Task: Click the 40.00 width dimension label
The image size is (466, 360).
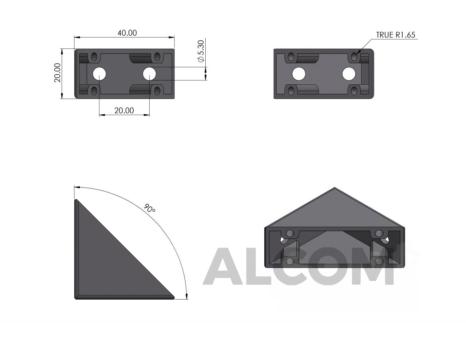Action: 127,33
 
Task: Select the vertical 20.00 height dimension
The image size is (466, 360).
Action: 58,72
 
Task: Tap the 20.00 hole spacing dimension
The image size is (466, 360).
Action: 124,110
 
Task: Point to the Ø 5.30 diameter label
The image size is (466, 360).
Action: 201,51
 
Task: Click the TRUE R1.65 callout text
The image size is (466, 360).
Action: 395,35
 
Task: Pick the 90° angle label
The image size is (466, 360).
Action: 150,208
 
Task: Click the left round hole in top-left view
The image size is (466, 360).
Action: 99,74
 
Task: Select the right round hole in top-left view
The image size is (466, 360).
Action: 150,74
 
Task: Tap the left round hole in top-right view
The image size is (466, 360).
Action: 299,74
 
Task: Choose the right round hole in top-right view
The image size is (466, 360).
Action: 349,74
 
